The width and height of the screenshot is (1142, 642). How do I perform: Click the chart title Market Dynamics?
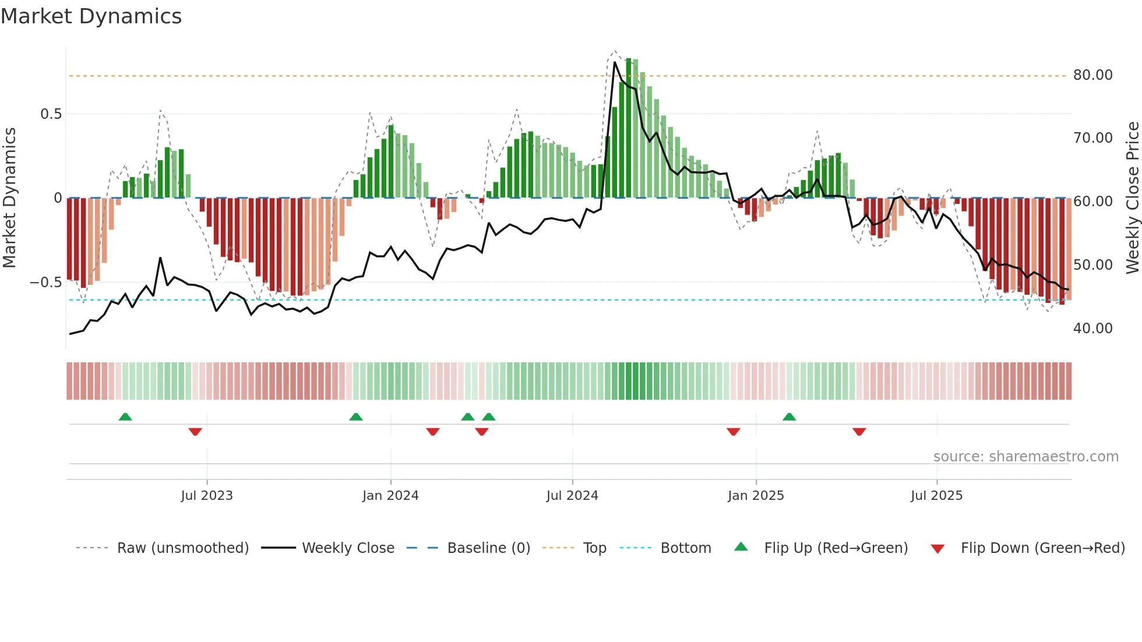tap(91, 16)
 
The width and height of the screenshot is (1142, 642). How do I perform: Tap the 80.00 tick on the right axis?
tap(1092, 75)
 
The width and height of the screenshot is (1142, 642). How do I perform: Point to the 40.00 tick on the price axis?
tap(1092, 329)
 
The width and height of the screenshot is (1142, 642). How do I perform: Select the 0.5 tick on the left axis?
tap(51, 114)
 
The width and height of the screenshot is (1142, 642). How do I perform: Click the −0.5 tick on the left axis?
tap(46, 283)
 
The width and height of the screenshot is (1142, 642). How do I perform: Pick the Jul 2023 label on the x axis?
tap(207, 496)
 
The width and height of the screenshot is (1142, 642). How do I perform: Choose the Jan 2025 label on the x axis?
tap(756, 496)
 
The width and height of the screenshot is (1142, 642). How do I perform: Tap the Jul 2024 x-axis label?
tap(572, 496)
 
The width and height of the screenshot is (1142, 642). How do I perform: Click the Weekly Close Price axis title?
tap(1132, 198)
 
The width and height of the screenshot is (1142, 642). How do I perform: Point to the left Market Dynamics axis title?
tap(9, 198)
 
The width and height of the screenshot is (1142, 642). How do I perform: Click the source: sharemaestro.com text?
tap(1025, 457)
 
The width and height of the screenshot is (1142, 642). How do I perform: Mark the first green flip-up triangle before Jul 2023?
tap(125, 417)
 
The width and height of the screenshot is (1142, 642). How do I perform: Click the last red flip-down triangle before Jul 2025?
tap(859, 432)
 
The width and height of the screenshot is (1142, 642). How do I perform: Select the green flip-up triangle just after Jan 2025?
tap(789, 417)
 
